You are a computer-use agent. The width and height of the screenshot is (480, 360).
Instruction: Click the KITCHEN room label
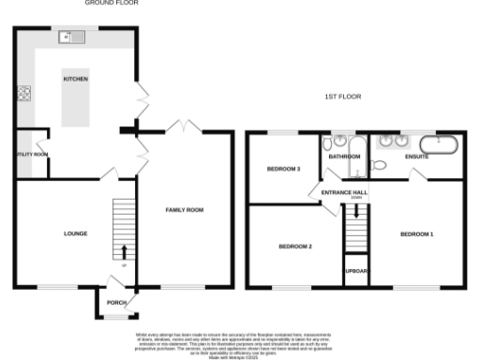[76, 80]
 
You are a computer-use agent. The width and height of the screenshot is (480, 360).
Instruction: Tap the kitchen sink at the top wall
[69, 37]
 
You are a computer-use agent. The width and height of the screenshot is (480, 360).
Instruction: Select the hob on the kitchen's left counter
[22, 94]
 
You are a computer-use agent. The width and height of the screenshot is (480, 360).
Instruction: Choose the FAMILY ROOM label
[184, 210]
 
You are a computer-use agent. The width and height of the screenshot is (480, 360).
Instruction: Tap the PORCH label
[117, 302]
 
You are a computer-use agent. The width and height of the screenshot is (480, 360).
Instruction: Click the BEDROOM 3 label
[284, 169]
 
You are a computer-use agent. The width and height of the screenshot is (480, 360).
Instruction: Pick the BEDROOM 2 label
[294, 247]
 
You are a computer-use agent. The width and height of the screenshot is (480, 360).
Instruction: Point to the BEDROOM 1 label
[416, 232]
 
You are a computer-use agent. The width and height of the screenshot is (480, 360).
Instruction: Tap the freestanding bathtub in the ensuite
[439, 144]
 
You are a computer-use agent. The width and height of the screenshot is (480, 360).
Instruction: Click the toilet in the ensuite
[378, 166]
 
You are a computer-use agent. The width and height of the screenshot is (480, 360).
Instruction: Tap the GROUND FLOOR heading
[112, 4]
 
